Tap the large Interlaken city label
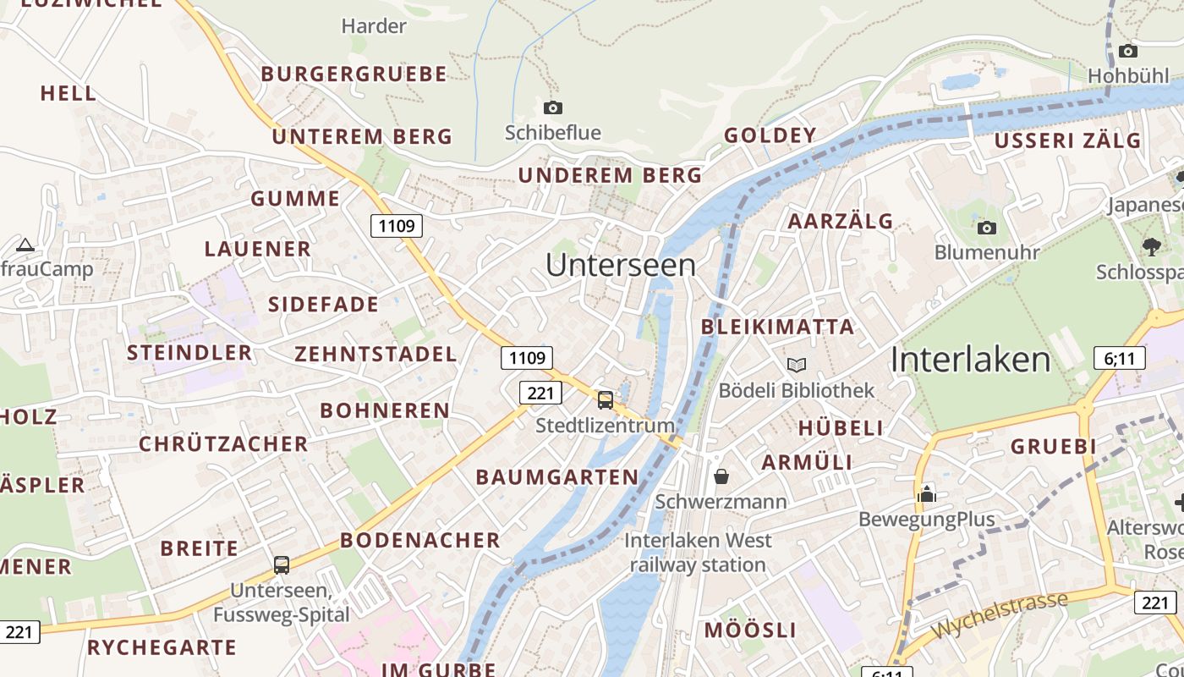point(970,360)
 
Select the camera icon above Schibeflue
point(552,107)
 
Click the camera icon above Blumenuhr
point(986,228)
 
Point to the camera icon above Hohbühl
point(1127,51)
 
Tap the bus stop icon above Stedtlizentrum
point(606,399)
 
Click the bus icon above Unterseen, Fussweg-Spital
point(282,564)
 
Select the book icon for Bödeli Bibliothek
point(796,365)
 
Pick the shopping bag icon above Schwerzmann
point(721,476)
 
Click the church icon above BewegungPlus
point(927,493)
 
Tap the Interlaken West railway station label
point(698,553)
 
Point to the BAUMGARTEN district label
point(557,477)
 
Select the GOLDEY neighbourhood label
point(770,135)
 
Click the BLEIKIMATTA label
point(777,327)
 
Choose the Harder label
point(373,26)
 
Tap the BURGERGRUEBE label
point(354,74)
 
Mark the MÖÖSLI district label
point(750,630)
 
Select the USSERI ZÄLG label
point(1067,141)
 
